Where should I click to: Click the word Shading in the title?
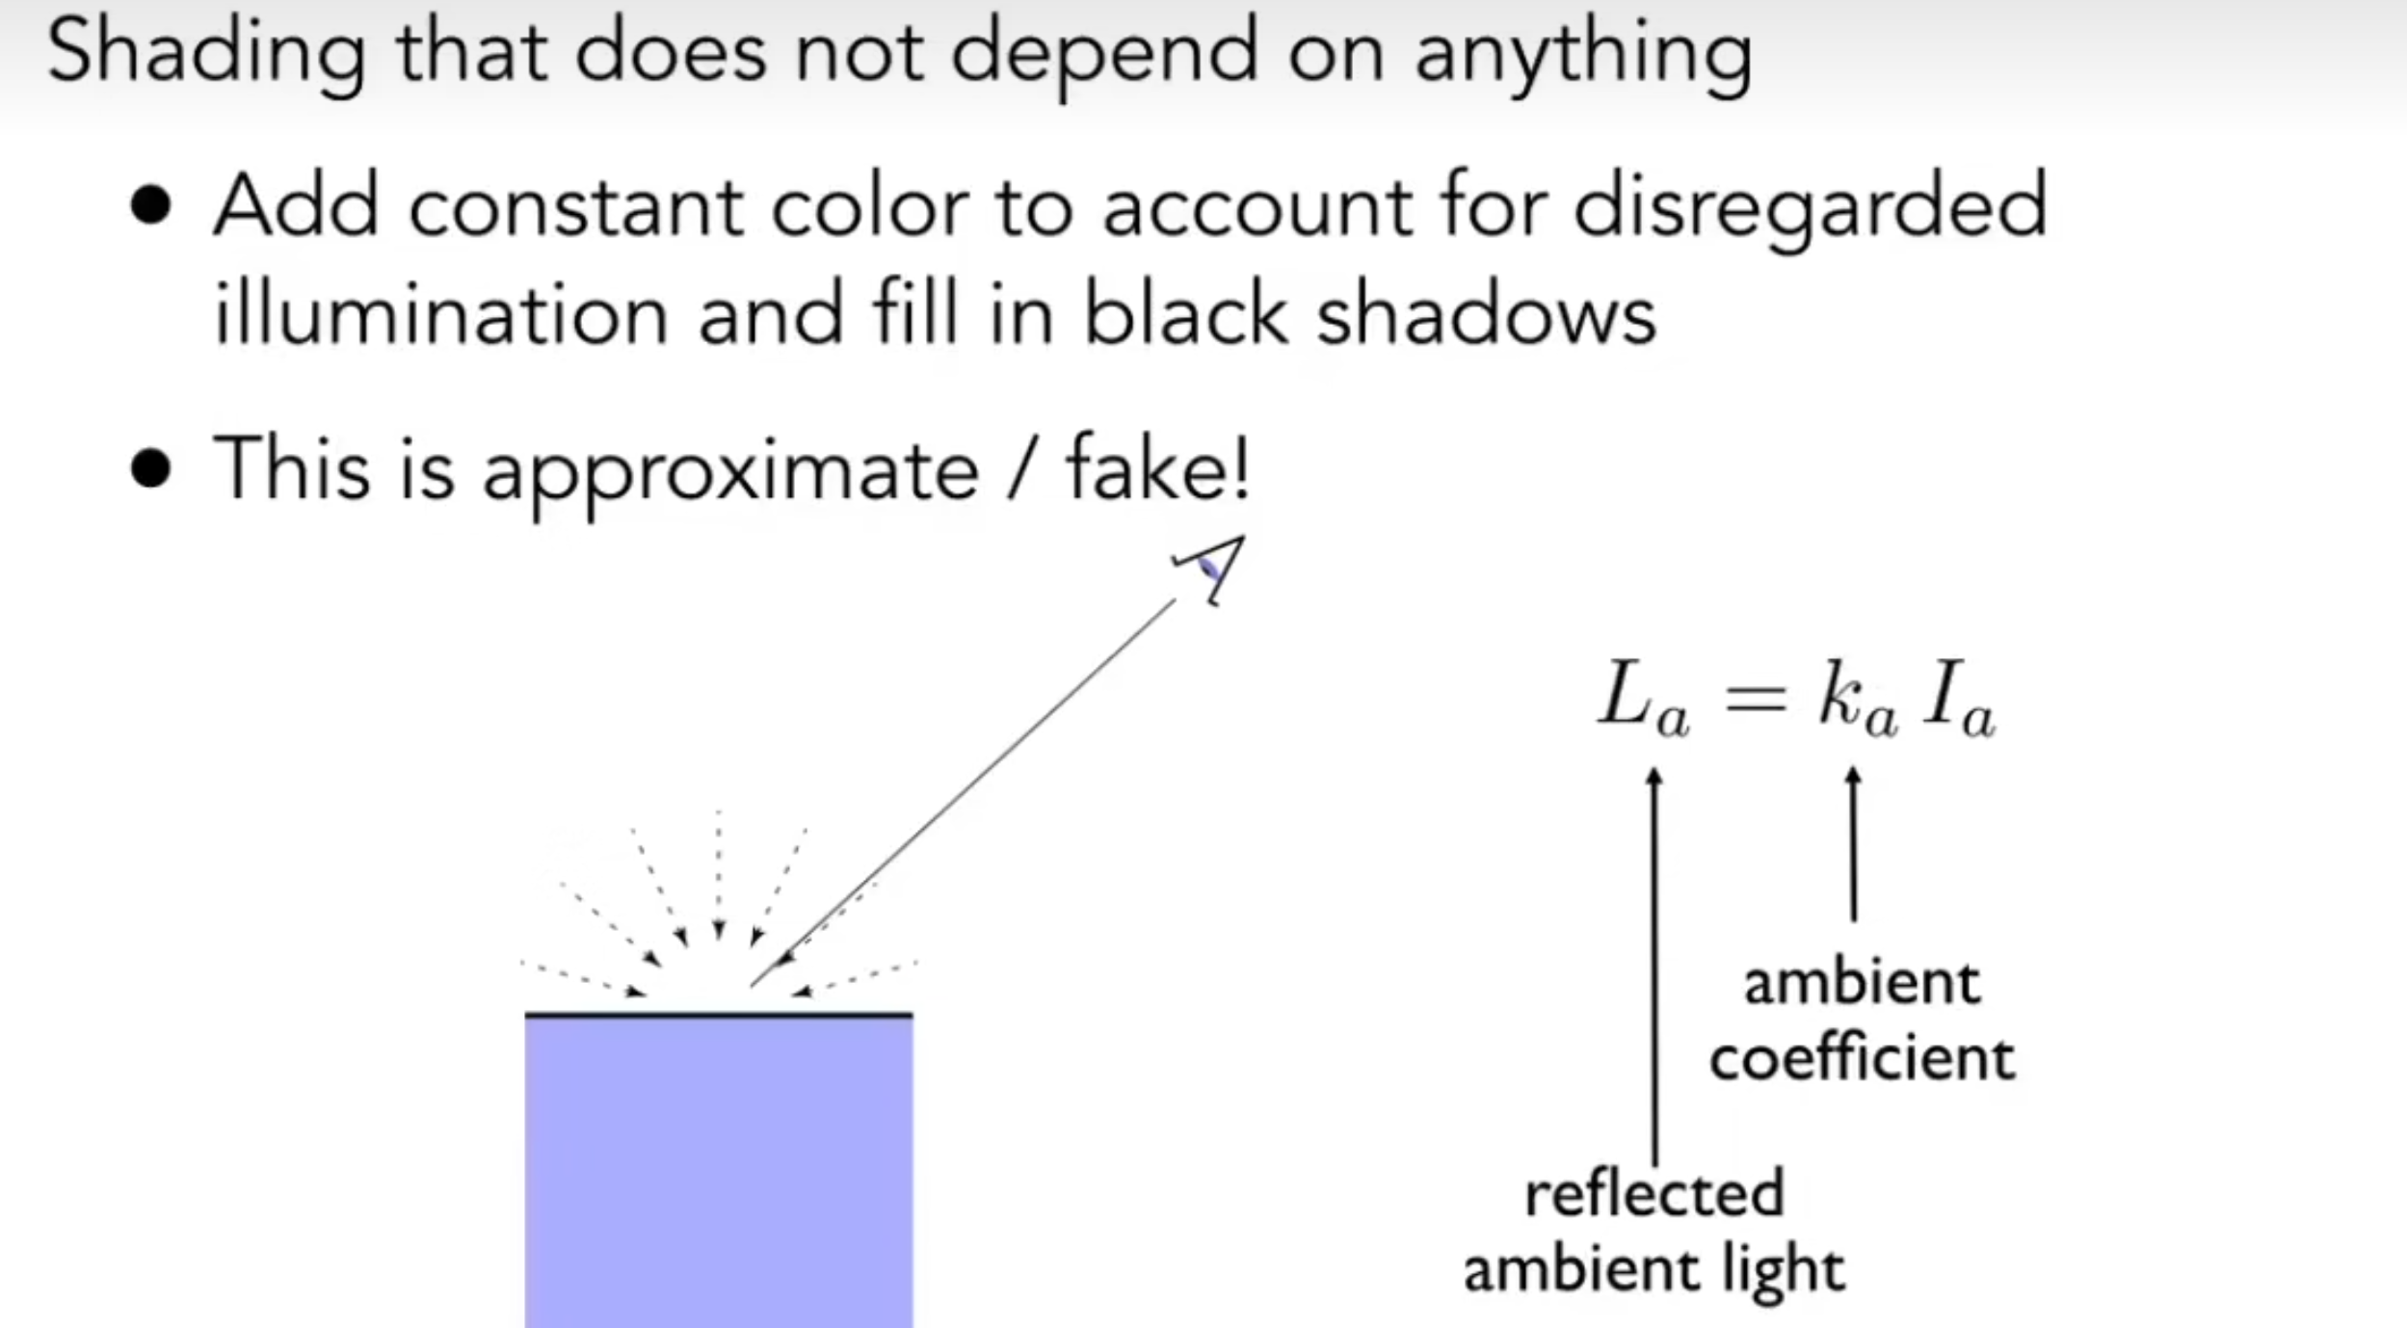coord(205,53)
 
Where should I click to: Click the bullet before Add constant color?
coord(150,206)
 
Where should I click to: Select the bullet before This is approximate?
coord(150,469)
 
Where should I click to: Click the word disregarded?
coord(1810,206)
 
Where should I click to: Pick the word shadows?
coord(1486,314)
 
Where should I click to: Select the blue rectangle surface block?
coord(718,1171)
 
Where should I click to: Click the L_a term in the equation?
coord(1644,698)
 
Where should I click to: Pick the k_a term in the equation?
coord(1857,698)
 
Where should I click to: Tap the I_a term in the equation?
coord(1958,698)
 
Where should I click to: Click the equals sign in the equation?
coord(1756,696)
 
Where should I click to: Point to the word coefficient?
coord(1862,1058)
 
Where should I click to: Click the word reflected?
coord(1654,1193)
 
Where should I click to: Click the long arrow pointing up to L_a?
coord(1654,964)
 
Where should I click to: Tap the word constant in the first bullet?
coord(575,206)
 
